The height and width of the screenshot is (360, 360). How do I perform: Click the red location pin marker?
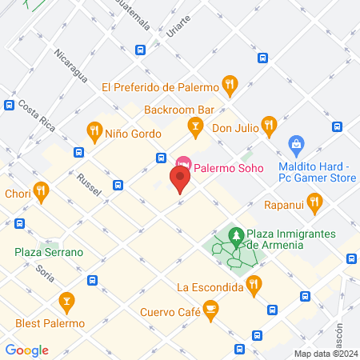[180, 179]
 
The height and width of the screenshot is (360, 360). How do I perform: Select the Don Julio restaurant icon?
[268, 125]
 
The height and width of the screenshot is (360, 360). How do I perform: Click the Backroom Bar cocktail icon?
[194, 125]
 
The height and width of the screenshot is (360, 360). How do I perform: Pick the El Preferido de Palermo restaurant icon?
[230, 83]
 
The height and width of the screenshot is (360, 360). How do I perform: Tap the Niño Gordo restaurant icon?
[94, 130]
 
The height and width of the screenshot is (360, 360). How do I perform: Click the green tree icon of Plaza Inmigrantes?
[236, 236]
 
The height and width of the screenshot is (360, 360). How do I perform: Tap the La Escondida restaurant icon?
[254, 282]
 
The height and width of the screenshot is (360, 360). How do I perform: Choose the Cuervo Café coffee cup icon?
[210, 308]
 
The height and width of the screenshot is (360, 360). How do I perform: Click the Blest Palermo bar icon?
[66, 302]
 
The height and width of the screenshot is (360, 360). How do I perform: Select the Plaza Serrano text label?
[49, 252]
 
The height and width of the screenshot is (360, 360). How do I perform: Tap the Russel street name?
[86, 186]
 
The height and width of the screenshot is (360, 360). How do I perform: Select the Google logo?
[26, 350]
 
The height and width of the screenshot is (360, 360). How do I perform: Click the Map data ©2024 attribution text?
[325, 354]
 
